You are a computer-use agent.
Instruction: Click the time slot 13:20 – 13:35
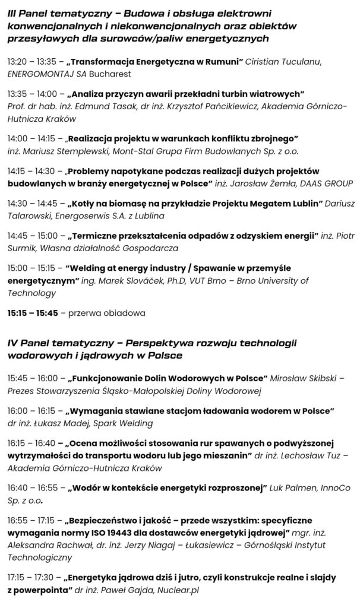pos(32,61)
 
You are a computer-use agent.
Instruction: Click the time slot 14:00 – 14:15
pos(33,138)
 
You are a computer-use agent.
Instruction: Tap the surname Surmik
pos(21,248)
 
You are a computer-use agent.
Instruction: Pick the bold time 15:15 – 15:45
pos(32,312)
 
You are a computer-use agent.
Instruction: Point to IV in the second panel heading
pos(12,343)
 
